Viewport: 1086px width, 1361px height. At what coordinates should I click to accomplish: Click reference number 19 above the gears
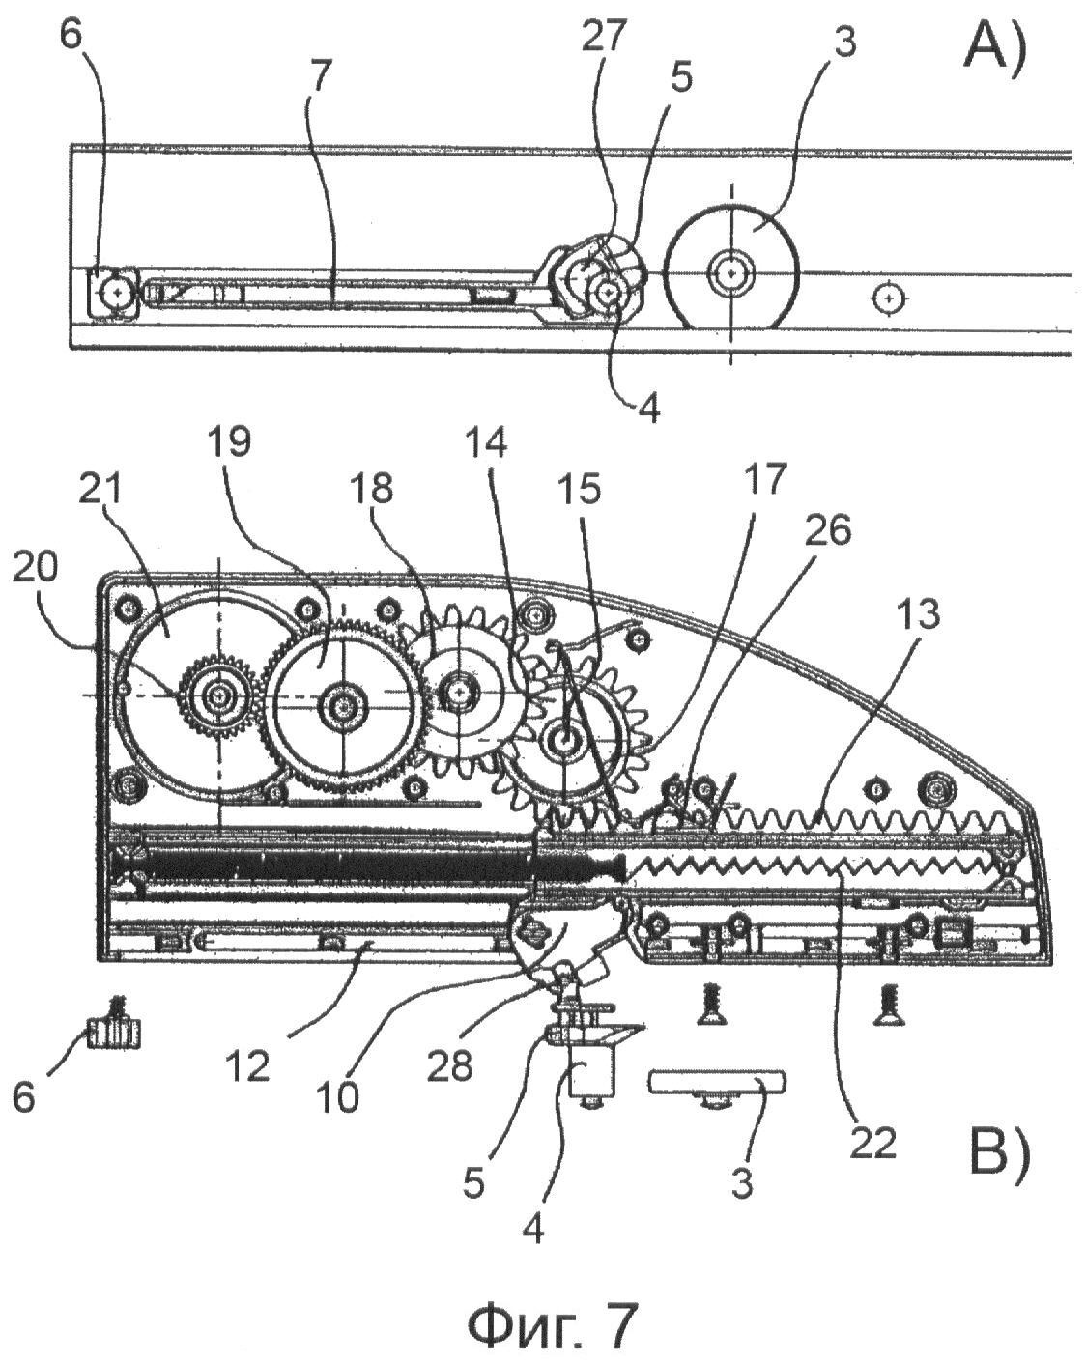pos(229,442)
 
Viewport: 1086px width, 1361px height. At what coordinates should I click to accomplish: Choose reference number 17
pos(767,478)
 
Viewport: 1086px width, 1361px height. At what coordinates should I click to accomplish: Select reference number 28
pos(450,1066)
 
